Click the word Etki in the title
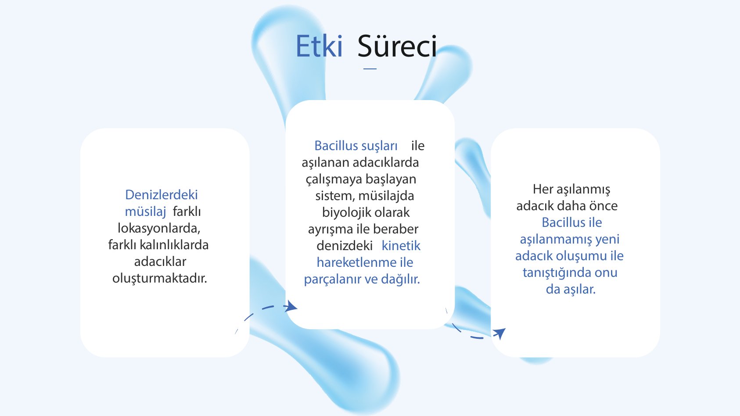pos(319,47)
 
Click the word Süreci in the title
pos(397,47)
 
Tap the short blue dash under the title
pos(370,68)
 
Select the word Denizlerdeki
pos(161,195)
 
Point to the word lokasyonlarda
pos(158,228)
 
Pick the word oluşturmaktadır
pos(160,278)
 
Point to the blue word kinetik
pos(401,246)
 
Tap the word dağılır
pos(400,279)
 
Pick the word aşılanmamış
pos(555,240)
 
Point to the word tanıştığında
pos(557,273)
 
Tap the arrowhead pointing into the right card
pos(499,333)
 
